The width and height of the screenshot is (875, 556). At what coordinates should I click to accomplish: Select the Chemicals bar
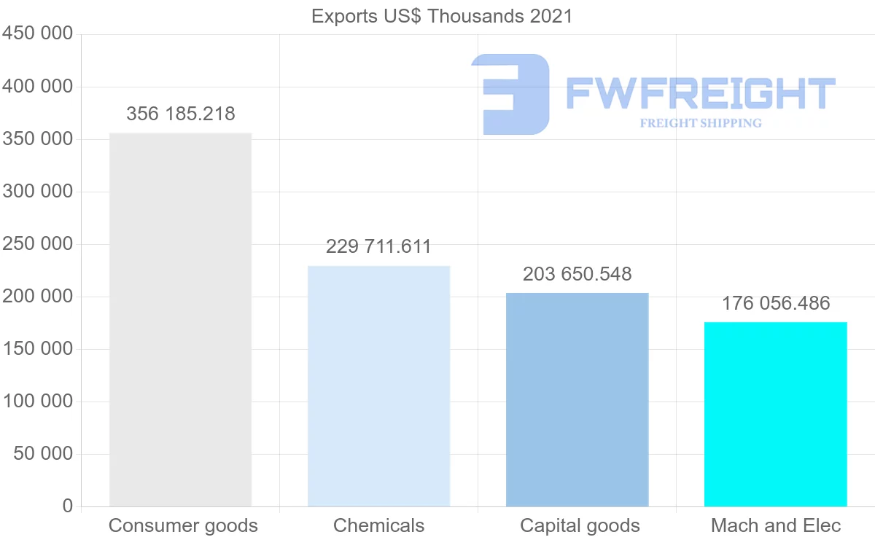[x=378, y=386]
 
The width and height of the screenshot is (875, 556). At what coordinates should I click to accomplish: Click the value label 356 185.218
[x=181, y=114]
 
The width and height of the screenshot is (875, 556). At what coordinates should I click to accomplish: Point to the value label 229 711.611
[x=378, y=247]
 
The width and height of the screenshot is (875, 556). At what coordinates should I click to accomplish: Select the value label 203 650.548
[x=577, y=275]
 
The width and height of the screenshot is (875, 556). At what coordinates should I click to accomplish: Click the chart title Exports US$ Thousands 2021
[x=442, y=16]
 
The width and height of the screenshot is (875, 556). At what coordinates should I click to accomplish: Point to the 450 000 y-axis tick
[x=38, y=34]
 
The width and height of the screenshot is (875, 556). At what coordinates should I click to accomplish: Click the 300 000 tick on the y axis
[x=38, y=192]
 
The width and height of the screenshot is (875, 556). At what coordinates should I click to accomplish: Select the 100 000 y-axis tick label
[x=38, y=402]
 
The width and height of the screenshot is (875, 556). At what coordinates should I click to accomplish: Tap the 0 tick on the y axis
[x=68, y=506]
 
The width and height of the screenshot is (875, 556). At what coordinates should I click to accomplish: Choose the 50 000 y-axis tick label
[x=43, y=454]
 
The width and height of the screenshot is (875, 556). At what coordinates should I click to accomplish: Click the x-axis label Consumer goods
[x=183, y=526]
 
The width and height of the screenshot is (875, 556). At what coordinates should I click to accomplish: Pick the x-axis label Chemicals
[x=378, y=526]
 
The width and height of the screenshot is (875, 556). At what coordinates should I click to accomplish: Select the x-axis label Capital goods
[x=580, y=526]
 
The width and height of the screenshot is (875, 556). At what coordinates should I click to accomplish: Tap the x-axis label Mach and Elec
[x=776, y=526]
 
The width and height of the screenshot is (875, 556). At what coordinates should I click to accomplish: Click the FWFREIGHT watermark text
[x=700, y=93]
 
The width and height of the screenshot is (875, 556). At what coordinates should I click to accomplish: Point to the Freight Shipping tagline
[x=701, y=123]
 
